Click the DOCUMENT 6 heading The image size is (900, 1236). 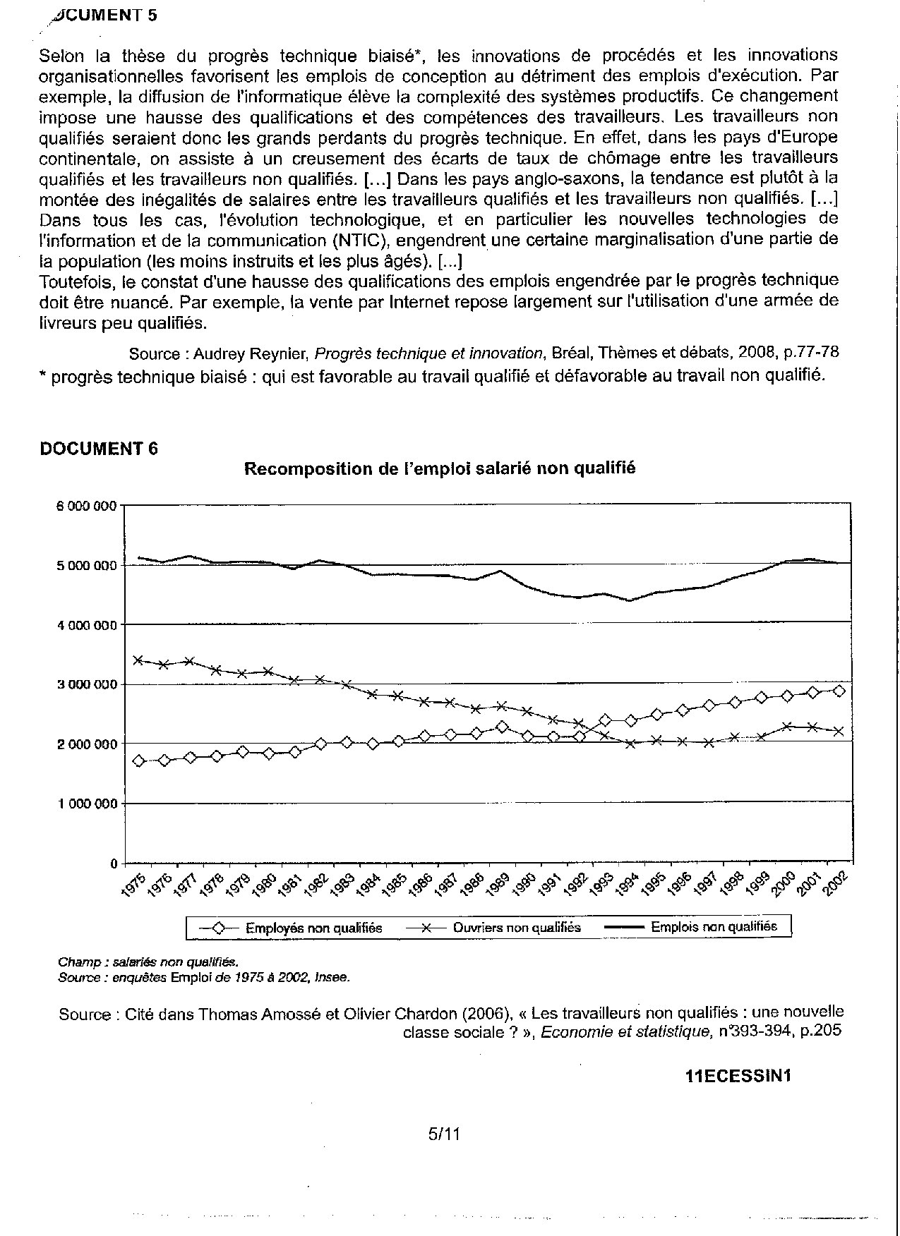(x=99, y=449)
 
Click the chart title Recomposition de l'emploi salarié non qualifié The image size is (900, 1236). (x=440, y=468)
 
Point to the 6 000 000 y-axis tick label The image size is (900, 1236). (x=87, y=506)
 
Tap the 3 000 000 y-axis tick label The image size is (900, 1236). (x=87, y=685)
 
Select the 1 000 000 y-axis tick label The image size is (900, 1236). (x=87, y=804)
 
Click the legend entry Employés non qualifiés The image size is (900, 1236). (x=313, y=928)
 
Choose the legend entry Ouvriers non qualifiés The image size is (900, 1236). (x=517, y=928)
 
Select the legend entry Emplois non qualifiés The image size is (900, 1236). (x=714, y=926)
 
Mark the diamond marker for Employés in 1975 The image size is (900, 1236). (x=138, y=761)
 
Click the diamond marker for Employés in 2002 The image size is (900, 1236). (x=839, y=691)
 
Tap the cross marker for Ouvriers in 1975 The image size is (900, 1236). (x=138, y=660)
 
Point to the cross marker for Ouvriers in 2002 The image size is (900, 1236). (x=839, y=732)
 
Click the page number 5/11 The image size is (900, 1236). (x=444, y=1134)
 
